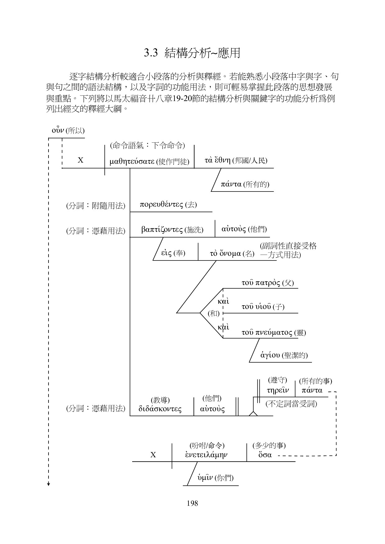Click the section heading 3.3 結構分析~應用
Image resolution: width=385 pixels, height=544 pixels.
(x=192, y=53)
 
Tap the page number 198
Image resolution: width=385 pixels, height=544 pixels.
(x=192, y=503)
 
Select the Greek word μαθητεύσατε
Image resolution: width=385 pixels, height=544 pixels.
(x=132, y=161)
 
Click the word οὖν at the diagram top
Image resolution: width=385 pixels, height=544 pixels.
(x=58, y=130)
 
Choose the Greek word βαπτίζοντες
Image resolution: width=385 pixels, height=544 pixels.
(x=162, y=230)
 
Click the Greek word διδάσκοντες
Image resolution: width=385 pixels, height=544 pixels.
(x=160, y=409)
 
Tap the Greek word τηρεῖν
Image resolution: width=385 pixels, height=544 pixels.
(x=278, y=390)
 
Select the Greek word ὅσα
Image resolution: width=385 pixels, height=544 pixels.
(x=265, y=455)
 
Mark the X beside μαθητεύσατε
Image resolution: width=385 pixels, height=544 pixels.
(x=81, y=160)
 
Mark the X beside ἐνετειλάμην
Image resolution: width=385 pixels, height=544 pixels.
(x=153, y=455)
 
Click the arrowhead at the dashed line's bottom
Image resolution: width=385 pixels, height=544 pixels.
(x=49, y=484)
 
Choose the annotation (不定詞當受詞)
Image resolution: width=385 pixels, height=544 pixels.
(x=291, y=404)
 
